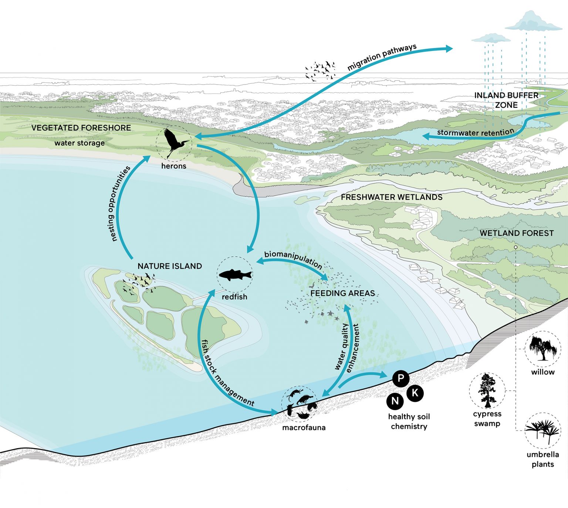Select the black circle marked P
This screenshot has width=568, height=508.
point(400,378)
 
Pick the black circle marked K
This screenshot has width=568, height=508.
point(415,393)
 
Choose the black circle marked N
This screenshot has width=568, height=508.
point(395,401)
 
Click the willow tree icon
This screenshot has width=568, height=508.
point(543,348)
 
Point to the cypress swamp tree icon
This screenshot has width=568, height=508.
point(487,391)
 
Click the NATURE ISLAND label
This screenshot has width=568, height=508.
point(170,266)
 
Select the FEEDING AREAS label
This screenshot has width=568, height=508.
point(342,293)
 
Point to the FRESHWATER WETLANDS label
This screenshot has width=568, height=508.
point(392,197)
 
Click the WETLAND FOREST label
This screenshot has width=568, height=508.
point(517,233)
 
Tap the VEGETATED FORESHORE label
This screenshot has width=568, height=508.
point(81,128)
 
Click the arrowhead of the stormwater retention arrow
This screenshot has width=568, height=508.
point(426,136)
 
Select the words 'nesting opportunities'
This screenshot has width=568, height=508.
point(119,204)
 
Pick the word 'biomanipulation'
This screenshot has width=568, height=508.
point(293,259)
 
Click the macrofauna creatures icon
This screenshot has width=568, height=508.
point(300,403)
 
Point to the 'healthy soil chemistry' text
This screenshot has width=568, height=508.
point(409,422)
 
